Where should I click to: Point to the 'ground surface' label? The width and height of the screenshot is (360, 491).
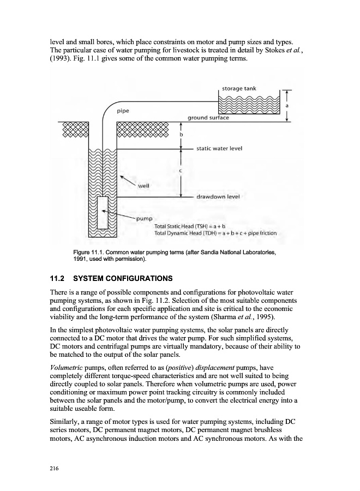tap(208, 117)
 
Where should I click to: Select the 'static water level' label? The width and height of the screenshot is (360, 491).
tap(219, 148)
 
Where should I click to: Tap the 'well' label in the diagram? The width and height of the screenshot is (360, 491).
tap(144, 185)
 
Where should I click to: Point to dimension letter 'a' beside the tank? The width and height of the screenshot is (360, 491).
tap(287, 105)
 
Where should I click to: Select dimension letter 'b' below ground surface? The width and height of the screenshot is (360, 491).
tap(181, 134)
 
